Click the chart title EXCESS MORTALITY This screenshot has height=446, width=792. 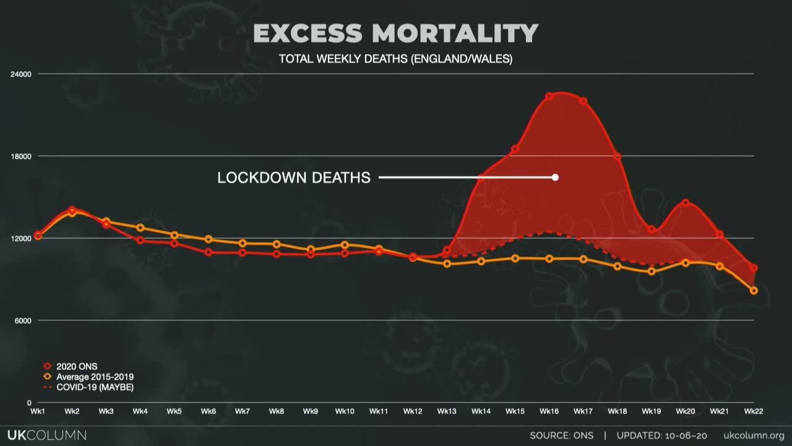(395, 33)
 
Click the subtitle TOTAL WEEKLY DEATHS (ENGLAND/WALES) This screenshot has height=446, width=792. (395, 59)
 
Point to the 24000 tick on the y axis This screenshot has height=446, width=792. (21, 74)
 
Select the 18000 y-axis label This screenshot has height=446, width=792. (21, 156)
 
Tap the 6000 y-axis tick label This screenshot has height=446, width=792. (23, 321)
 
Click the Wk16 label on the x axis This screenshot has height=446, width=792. (549, 411)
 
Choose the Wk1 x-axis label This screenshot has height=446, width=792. (38, 411)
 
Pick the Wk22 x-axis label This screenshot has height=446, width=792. (753, 411)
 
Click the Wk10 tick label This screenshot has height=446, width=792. (345, 411)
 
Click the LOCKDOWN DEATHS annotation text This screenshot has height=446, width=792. (294, 178)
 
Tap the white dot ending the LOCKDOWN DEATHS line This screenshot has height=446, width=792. (555, 177)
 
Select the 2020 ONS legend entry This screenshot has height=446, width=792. (76, 366)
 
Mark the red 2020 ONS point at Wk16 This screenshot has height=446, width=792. (549, 97)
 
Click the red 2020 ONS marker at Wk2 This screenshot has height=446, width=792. (72, 210)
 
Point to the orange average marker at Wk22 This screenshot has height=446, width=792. (754, 291)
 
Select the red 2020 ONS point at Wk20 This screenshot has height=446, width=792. (686, 203)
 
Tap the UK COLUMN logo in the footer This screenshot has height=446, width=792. (47, 435)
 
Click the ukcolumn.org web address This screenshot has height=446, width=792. (754, 435)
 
